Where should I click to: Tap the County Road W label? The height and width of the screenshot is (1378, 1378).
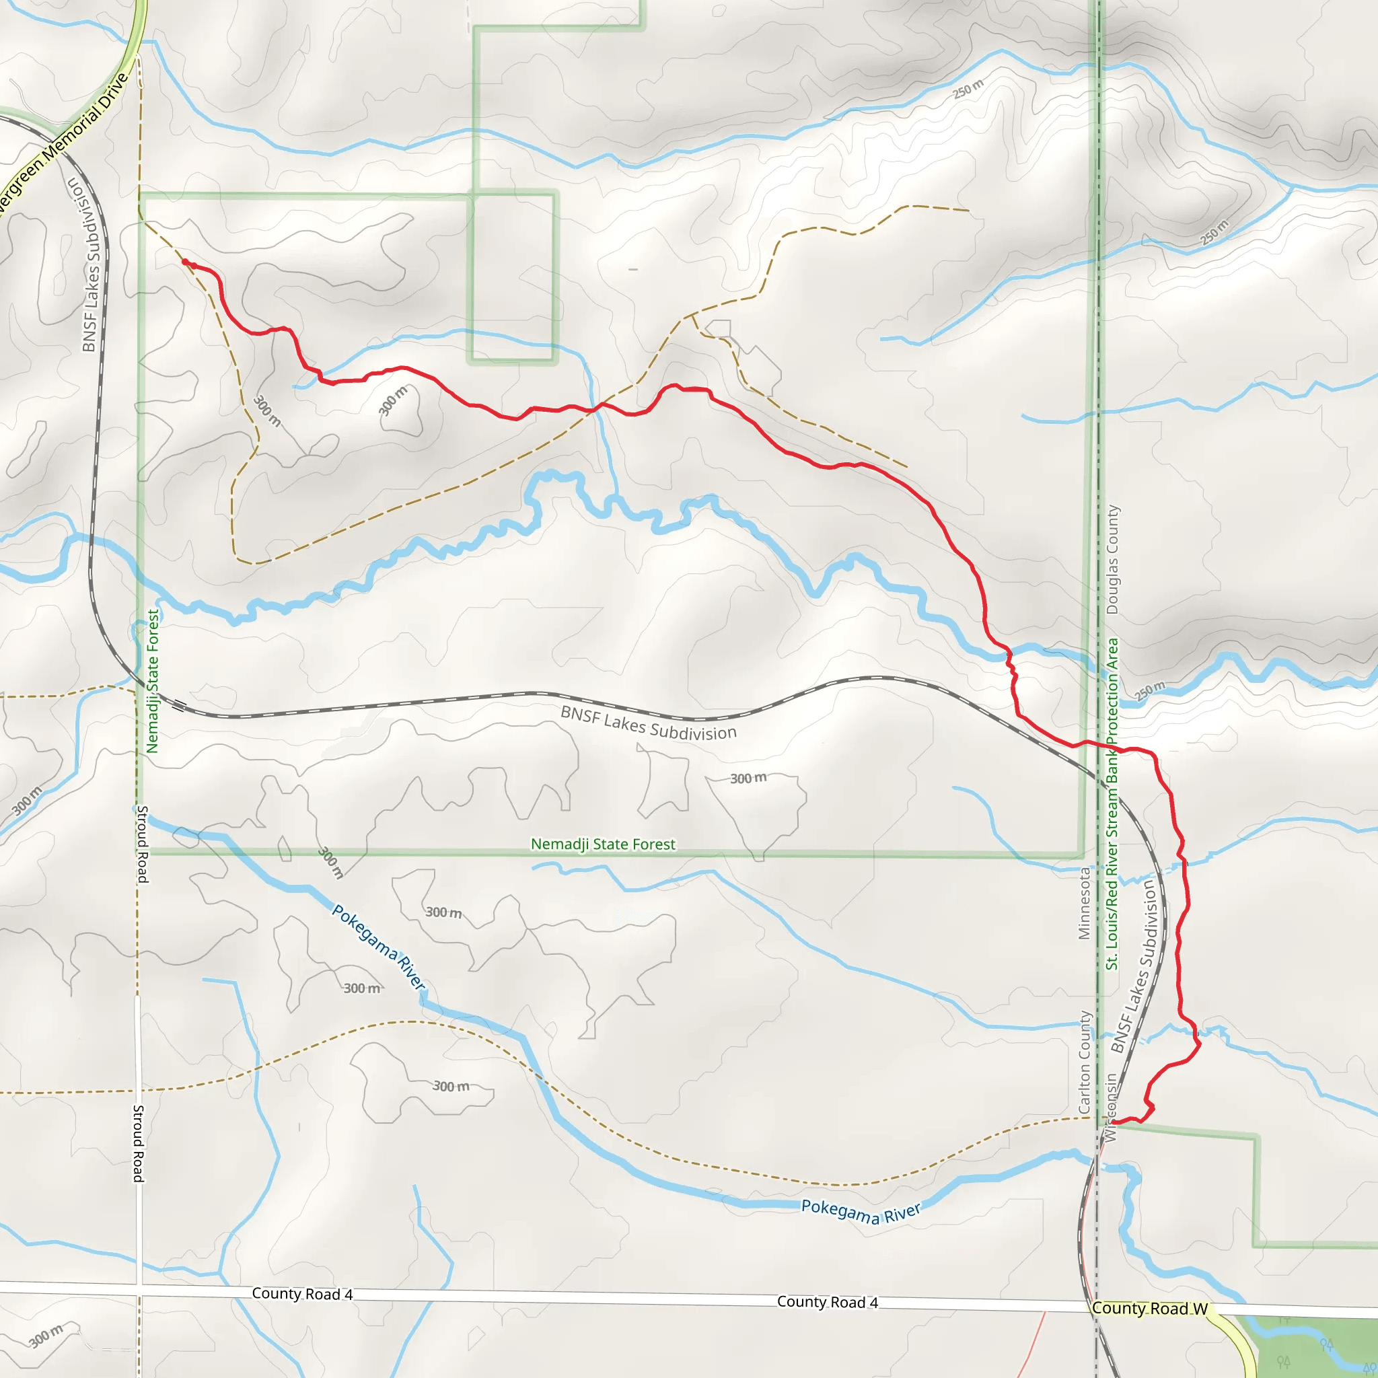coord(1150,1308)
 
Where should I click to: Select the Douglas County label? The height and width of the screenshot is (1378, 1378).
coord(1112,560)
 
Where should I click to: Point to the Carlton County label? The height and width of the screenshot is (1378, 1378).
coord(1085,1062)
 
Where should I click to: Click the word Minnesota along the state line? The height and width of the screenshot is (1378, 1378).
coord(1084,903)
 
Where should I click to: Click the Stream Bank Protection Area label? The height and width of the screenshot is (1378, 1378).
coord(1112,804)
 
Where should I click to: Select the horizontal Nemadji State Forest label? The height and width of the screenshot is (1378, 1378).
coord(603,844)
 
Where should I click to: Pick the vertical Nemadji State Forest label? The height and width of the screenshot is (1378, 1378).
coord(152,681)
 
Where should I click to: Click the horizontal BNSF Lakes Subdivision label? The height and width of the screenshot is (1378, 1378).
coord(649,723)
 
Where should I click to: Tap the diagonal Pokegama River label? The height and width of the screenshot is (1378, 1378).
coord(379,947)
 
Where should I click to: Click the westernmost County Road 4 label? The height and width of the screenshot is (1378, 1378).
coord(302,1294)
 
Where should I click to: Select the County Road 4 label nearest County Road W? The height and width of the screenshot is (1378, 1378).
coord(828,1303)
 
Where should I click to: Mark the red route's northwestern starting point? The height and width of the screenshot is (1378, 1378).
coord(185,262)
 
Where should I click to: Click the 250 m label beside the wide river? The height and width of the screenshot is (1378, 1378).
coord(1150,690)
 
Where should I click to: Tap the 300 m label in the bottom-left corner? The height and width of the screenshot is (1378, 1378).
coord(46,1336)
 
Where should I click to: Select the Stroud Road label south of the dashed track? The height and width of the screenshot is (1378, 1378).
coord(139,1143)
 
